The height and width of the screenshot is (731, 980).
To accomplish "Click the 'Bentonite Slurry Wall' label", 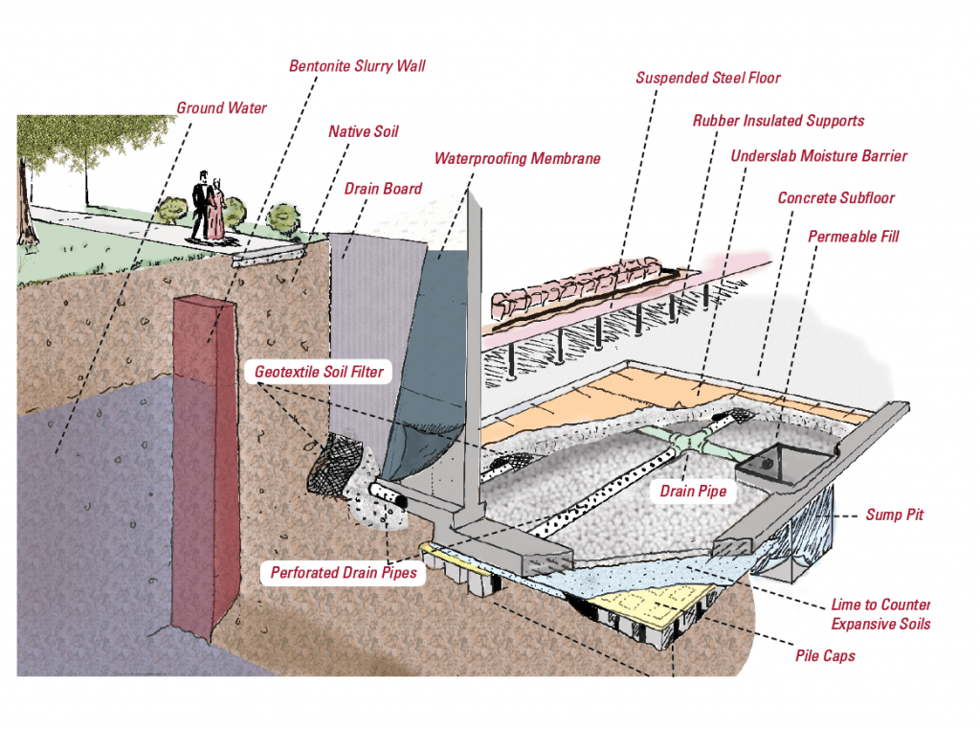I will tap(357, 66).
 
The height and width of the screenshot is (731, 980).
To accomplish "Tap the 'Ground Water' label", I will tap(221, 108).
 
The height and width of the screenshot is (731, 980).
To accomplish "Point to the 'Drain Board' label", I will tap(383, 189).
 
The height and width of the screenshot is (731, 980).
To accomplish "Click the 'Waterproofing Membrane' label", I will tap(517, 158).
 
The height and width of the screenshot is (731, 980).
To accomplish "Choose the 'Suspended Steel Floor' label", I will tap(707, 78).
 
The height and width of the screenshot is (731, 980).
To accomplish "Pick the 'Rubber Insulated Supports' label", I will tap(778, 121).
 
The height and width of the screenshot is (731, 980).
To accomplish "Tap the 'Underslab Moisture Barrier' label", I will tap(818, 156).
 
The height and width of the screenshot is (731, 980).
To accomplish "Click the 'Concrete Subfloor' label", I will tap(835, 198).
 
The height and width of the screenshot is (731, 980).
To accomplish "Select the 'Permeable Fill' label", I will tap(853, 236).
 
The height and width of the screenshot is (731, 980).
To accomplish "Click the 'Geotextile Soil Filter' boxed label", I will tap(320, 371).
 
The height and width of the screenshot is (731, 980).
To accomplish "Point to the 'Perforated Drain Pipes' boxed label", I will tap(344, 573).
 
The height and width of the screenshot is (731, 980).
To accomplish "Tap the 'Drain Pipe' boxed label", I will tap(693, 491).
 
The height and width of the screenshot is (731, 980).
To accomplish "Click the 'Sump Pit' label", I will tap(895, 515).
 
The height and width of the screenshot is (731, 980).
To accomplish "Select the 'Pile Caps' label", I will tap(825, 656).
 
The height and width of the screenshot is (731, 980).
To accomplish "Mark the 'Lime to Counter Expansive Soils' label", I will tap(880, 614).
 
